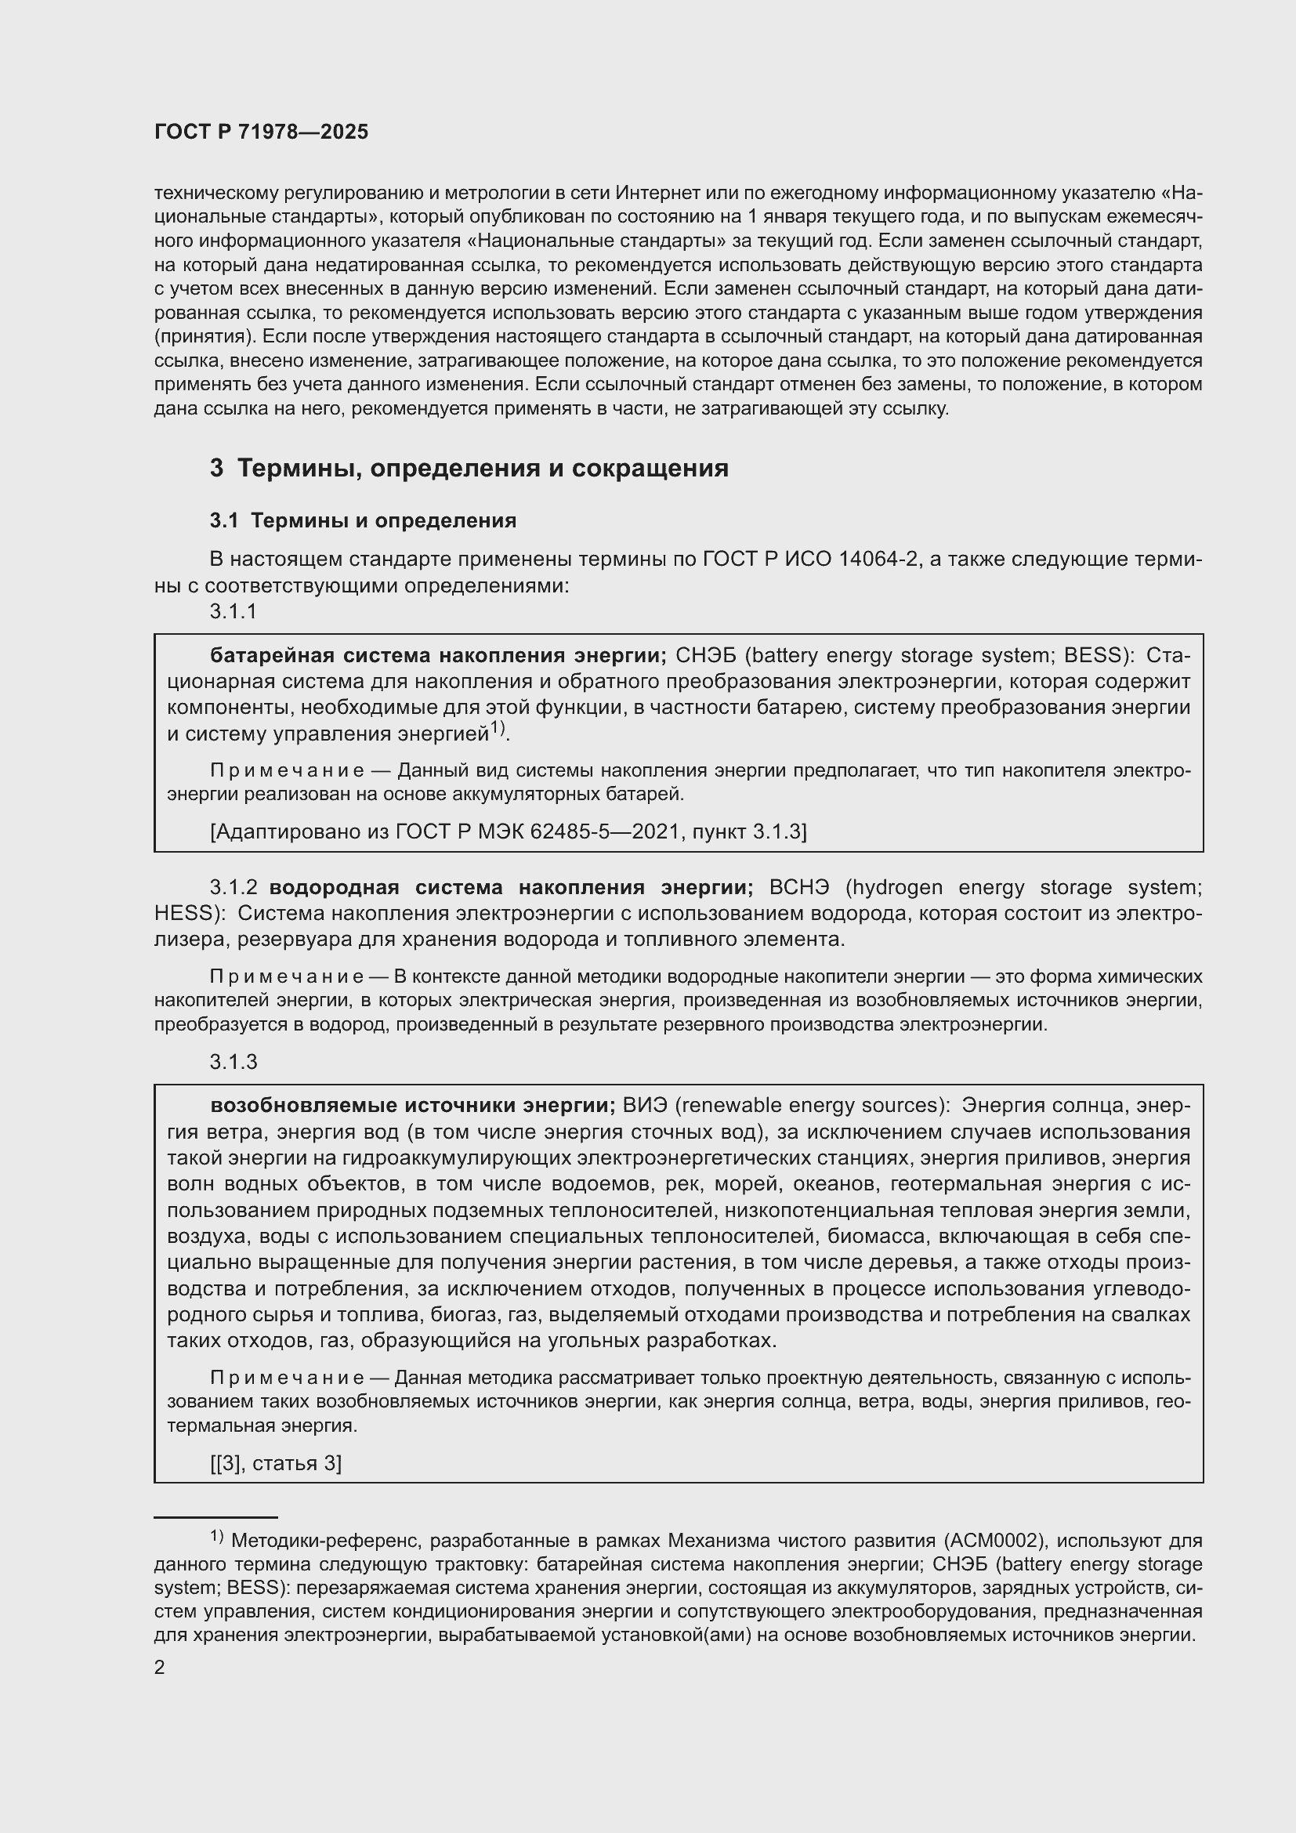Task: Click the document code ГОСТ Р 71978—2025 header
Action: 261,132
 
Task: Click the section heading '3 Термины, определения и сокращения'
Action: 469,468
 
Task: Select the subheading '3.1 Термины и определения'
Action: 363,520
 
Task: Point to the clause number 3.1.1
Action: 233,610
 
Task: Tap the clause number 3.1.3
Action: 233,1061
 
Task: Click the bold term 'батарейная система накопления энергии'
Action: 438,655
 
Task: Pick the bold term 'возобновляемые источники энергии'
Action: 413,1106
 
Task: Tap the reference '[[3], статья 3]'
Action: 275,1462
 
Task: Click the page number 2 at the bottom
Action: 160,1667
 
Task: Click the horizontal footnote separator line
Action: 215,1516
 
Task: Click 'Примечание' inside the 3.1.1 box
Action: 288,770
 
